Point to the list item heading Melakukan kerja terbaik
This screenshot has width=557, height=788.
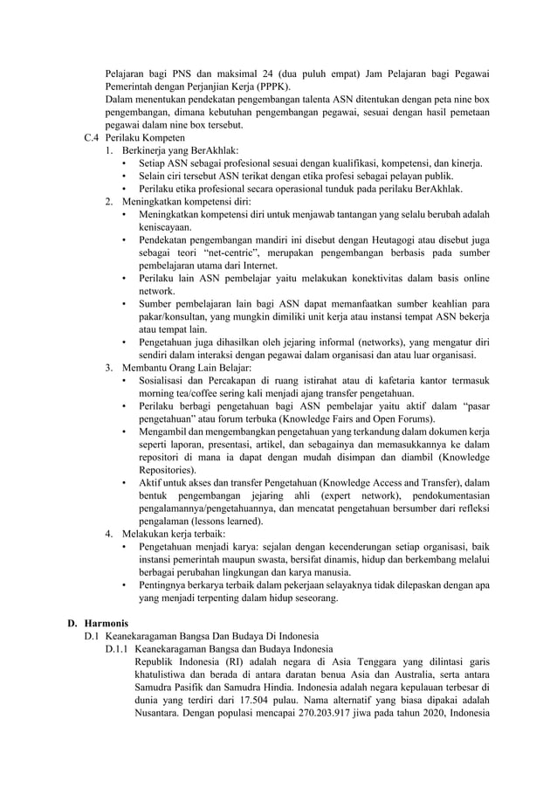179,533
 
